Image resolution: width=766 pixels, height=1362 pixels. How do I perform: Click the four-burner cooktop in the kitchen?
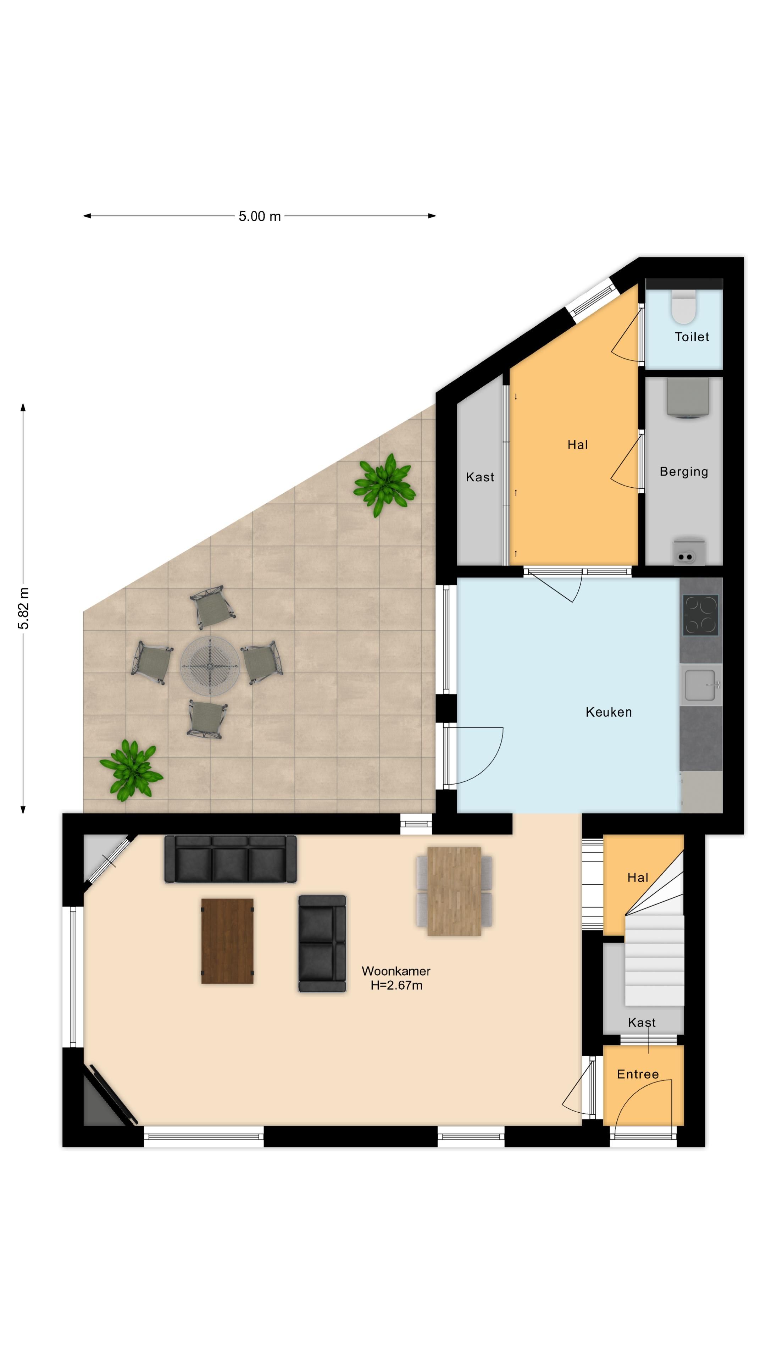pos(700,615)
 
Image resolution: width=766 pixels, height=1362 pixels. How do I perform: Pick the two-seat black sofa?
pos(322,943)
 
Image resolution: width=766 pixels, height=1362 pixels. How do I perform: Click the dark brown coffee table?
pos(227,941)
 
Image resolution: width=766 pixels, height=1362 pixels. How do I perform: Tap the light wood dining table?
pos(454,891)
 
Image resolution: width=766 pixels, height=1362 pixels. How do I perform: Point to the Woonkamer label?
pos(396,971)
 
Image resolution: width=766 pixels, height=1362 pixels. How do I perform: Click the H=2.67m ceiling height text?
pos(396,985)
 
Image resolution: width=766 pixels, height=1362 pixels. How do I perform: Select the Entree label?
pos(638,1074)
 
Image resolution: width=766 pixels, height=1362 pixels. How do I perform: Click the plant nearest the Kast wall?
pos(384,484)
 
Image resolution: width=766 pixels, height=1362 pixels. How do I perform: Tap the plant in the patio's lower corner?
pos(131,770)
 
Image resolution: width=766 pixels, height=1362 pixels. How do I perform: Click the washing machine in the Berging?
pos(687,398)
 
